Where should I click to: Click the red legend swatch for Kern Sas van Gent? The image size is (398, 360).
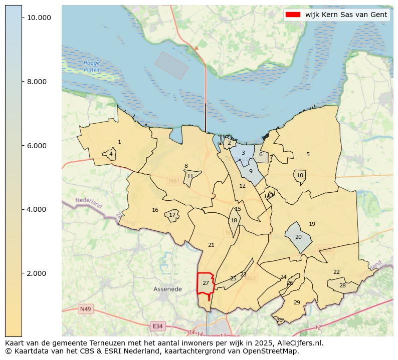(293, 15)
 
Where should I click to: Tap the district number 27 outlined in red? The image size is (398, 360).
(206, 283)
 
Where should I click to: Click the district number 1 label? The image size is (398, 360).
(119, 142)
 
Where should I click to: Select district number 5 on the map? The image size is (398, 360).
(308, 155)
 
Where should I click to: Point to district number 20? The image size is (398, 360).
(298, 237)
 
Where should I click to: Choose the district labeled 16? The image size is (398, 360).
(155, 210)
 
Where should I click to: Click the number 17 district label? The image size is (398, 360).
(172, 215)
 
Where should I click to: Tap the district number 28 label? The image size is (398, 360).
(342, 286)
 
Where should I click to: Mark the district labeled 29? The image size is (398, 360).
(297, 302)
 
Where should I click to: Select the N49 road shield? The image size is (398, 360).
(85, 309)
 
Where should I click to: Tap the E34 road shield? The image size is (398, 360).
(157, 326)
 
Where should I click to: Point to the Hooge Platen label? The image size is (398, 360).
(92, 67)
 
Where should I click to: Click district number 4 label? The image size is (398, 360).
(111, 154)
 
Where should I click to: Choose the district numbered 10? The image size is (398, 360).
(300, 176)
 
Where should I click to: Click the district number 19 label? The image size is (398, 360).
(312, 224)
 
